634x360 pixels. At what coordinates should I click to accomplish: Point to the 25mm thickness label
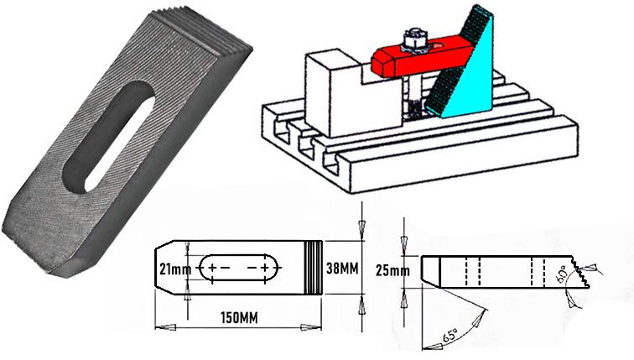tap(392, 269)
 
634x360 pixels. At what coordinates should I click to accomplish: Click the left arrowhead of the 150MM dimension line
tap(159, 325)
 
